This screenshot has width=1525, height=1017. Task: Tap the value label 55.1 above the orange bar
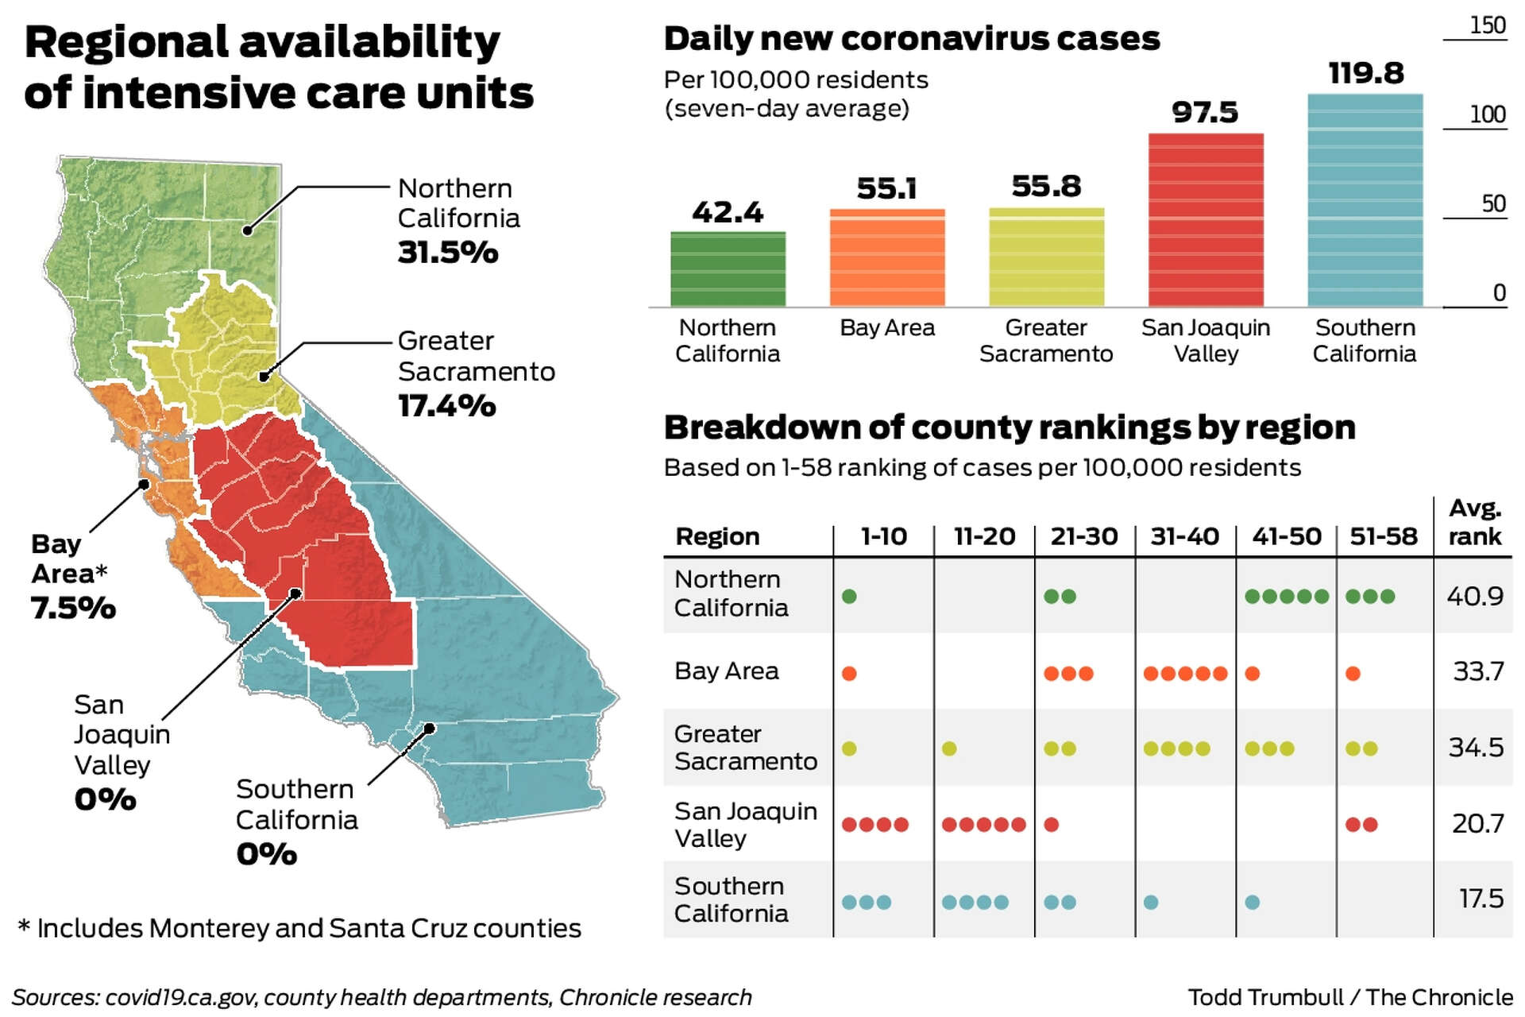pyautogui.click(x=886, y=189)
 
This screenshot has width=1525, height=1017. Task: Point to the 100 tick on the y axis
pyautogui.click(x=1487, y=115)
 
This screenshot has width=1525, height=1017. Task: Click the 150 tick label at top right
pyautogui.click(x=1487, y=25)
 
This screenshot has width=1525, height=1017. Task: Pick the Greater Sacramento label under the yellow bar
pyautogui.click(x=1045, y=341)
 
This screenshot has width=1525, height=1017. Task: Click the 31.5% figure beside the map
pyautogui.click(x=448, y=253)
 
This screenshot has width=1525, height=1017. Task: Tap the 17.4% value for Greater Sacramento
pyautogui.click(x=447, y=406)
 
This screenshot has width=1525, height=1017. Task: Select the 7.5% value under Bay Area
pyautogui.click(x=73, y=609)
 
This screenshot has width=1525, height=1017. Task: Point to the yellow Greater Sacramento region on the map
pyautogui.click(x=222, y=350)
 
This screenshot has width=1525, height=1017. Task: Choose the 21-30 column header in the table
pyautogui.click(x=1084, y=536)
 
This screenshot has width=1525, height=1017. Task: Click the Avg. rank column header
pyautogui.click(x=1474, y=523)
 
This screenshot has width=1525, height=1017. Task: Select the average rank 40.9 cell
pyautogui.click(x=1474, y=596)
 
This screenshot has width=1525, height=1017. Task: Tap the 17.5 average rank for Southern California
pyautogui.click(x=1481, y=899)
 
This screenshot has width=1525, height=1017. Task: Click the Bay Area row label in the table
pyautogui.click(x=726, y=671)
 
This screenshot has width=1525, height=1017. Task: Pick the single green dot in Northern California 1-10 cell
pyautogui.click(x=849, y=597)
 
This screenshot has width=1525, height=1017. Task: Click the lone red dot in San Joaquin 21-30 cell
pyautogui.click(x=1052, y=825)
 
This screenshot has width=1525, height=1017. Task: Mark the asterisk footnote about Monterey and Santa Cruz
pyautogui.click(x=299, y=928)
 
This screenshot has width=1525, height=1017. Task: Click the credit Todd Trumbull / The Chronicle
pyautogui.click(x=1349, y=997)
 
